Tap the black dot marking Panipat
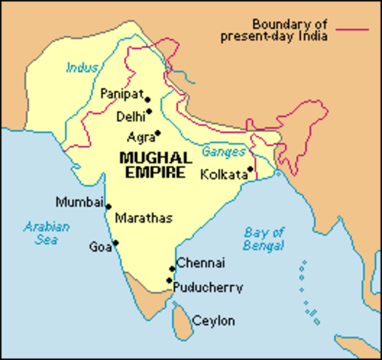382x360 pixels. tap(148, 99)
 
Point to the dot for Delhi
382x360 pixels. tap(149, 112)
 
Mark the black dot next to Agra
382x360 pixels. tap(158, 133)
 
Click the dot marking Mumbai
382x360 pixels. tap(109, 206)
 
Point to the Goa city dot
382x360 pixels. tap(116, 242)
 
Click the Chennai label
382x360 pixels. tap(200, 264)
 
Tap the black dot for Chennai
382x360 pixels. tap(172, 268)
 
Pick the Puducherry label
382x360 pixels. tap(207, 286)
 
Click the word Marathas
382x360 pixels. tap(143, 218)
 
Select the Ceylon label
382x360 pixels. tap(213, 321)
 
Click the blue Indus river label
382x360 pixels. tap(81, 68)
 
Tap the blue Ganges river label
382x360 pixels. tap(223, 151)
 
